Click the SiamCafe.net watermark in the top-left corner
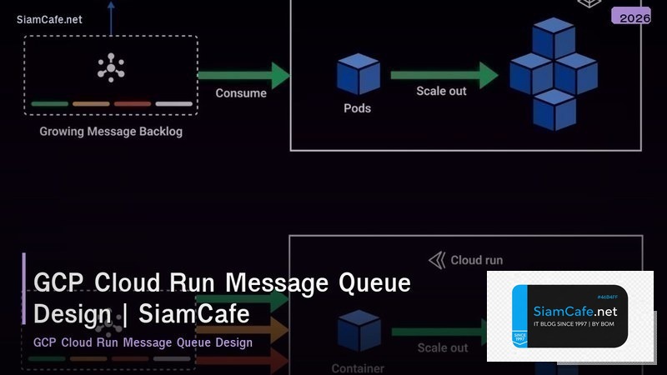pos(49,19)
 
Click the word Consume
pos(241,93)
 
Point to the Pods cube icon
pos(358,74)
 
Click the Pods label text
pos(358,108)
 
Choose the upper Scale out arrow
pos(443,74)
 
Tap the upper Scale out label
pos(441,91)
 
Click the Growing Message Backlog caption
pos(111,132)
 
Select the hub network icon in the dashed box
pos(111,67)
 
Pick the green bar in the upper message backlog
pos(50,104)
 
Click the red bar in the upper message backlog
pos(132,104)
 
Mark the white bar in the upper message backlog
pos(173,104)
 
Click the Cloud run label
pos(476,260)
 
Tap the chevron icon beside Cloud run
pos(436,261)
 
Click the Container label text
pos(358,367)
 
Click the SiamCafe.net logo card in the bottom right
pos(570,316)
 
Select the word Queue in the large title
pos(374,283)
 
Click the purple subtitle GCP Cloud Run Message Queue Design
pos(143,342)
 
